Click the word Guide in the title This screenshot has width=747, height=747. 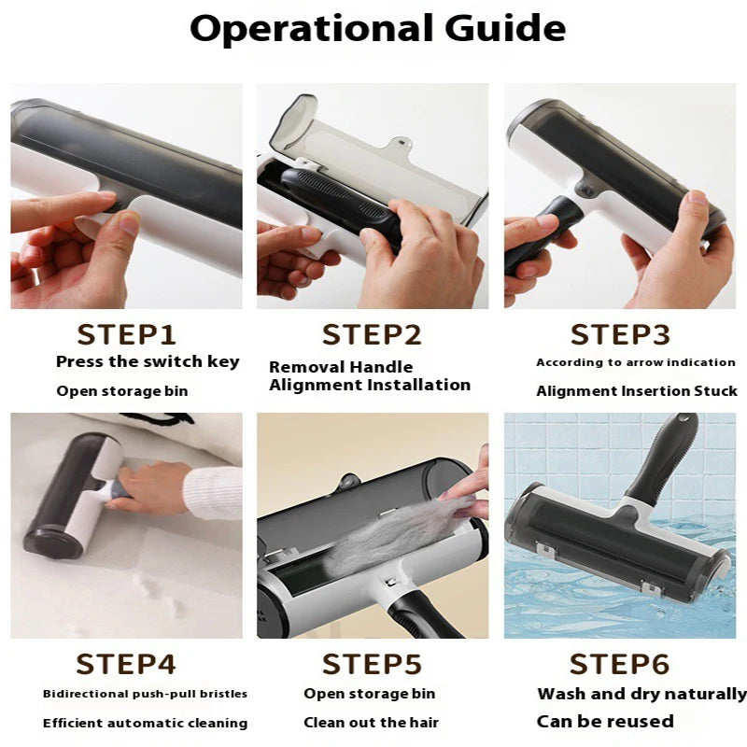505,28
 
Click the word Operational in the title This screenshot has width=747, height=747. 312,29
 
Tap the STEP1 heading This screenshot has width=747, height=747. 126,334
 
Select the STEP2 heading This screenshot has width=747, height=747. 372,334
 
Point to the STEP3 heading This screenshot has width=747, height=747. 620,334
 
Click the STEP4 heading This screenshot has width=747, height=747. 126,664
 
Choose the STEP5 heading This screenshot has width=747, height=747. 372,664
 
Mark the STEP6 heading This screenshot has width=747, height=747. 619,664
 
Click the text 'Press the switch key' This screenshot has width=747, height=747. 148,362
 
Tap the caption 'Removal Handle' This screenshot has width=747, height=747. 341,367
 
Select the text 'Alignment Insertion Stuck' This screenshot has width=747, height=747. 637,391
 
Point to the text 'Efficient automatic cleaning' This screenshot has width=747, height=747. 146,723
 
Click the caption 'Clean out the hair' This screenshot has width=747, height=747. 371,723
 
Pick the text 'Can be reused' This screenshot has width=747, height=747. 605,721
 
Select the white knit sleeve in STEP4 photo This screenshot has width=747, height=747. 213,493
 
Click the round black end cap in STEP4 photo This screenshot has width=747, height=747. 55,543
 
